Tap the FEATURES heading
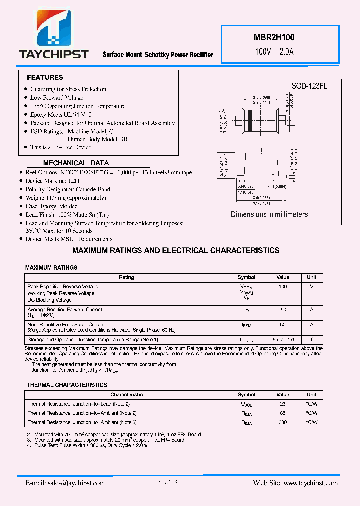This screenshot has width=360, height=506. (45, 78)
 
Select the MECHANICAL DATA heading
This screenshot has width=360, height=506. (76, 163)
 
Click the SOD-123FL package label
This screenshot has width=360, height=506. (309, 86)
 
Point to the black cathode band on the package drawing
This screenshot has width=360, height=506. (250, 120)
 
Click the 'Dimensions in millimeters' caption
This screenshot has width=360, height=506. (269, 214)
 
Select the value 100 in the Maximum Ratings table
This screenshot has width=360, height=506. (283, 287)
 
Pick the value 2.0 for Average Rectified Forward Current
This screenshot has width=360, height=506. (283, 310)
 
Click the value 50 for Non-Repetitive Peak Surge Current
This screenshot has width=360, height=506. (283, 325)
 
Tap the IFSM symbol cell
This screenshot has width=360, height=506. (246, 325)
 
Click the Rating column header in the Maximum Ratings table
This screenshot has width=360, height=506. (126, 277)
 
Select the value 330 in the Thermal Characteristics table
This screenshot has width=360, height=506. (283, 423)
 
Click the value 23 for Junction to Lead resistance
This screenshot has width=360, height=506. (283, 404)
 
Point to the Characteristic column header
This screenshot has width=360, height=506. (126, 395)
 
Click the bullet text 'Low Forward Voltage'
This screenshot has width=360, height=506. (57, 98)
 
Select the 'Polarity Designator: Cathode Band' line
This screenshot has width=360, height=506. (68, 189)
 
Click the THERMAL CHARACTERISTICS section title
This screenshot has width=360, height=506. (67, 385)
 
